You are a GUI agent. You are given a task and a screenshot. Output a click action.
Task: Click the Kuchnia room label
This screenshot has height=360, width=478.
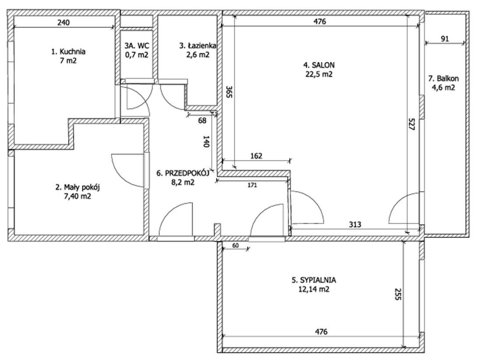point(68,52)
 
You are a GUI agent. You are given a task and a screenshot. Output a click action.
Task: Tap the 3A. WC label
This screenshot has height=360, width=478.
point(137,46)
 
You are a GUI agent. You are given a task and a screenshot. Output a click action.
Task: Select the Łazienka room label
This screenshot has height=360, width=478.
point(198,46)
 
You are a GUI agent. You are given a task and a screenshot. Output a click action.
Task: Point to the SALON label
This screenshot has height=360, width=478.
point(319,65)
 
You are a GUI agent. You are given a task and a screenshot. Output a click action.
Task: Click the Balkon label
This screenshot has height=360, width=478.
point(443,78)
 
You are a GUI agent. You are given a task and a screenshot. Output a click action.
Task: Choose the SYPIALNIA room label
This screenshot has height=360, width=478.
point(314,280)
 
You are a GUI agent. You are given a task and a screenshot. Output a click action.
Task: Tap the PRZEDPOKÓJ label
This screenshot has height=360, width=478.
point(183,173)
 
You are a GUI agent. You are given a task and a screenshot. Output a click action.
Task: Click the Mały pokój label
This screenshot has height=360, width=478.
point(78,187)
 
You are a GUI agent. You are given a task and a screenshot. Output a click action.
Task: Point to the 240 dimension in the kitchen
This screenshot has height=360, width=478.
point(64,22)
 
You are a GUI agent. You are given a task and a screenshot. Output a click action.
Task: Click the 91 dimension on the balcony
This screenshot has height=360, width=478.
point(445,39)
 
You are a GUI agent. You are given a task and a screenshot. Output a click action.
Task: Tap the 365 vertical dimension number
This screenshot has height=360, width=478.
point(229,92)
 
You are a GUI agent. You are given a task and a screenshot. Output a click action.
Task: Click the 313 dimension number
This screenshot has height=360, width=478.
point(355,225)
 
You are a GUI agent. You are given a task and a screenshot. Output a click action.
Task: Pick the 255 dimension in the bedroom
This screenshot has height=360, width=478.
point(397,294)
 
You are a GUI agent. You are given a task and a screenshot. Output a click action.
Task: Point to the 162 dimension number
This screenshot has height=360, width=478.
point(256,156)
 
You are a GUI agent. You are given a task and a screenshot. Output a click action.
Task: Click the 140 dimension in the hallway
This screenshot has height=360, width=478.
point(206,142)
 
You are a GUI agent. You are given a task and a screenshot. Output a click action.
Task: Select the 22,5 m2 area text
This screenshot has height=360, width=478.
point(319,74)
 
